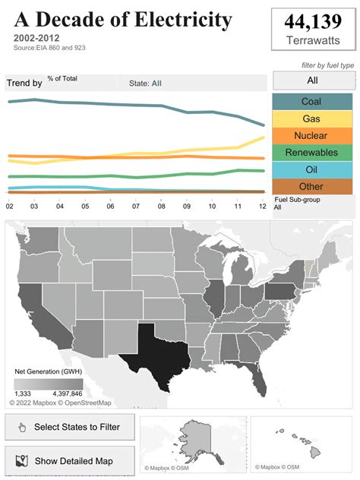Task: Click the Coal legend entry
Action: (311, 102)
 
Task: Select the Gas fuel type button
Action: (311, 118)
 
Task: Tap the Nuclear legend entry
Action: (311, 136)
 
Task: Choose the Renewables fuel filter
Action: (311, 153)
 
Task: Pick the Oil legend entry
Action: (311, 169)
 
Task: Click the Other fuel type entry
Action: (311, 186)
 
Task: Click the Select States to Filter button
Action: (70, 427)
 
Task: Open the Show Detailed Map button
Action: (70, 461)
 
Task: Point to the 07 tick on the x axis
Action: (136, 206)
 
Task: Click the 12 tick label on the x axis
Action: (263, 206)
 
